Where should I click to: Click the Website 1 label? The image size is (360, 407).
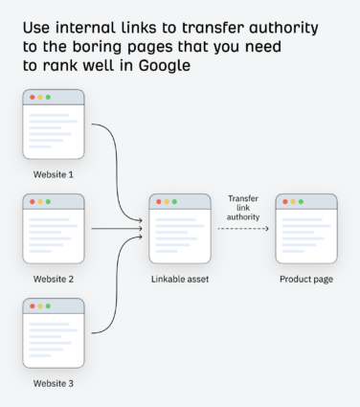tap(54, 174)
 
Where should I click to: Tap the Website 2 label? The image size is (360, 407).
tap(54, 279)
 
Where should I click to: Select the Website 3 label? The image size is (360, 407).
tap(54, 383)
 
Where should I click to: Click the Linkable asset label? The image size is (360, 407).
tap(180, 279)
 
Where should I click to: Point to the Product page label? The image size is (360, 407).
tap(306, 279)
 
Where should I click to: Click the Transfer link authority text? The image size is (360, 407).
tap(243, 208)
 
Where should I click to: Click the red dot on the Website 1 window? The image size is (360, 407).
tap(32, 98)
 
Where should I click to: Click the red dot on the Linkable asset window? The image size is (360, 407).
tap(158, 202)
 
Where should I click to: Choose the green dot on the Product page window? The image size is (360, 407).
tap(302, 202)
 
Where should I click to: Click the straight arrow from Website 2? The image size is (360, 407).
tap(115, 230)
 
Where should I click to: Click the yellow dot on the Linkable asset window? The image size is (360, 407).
tap(167, 202)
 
